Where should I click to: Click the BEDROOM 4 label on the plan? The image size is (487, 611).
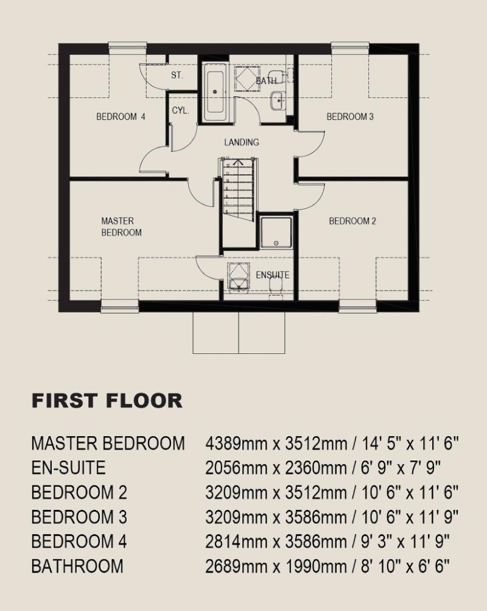coord(121,116)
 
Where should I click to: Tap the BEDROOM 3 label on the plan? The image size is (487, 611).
coord(350,116)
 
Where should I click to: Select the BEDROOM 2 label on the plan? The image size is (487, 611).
coord(352,221)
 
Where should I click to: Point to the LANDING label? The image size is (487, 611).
coord(242,142)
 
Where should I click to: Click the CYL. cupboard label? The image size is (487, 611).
coord(180,110)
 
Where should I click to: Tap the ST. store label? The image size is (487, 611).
coord(177,75)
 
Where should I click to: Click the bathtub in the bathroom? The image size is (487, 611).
coord(215,93)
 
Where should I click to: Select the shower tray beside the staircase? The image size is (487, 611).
coord(276,232)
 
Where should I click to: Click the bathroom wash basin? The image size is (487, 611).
coord(278,101)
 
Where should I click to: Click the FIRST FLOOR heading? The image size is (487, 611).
coord(107,401)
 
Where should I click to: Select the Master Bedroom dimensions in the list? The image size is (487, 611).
coord(332,443)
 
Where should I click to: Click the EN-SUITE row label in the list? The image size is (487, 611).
coord(69,468)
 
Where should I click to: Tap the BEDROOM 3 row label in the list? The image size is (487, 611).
coord(79,517)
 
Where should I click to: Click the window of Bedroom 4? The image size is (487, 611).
coord(127,46)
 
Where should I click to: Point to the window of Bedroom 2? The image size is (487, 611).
coord(358,306)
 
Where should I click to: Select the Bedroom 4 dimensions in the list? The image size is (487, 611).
coord(328,542)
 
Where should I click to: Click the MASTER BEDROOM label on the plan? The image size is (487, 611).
coord(121,227)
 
